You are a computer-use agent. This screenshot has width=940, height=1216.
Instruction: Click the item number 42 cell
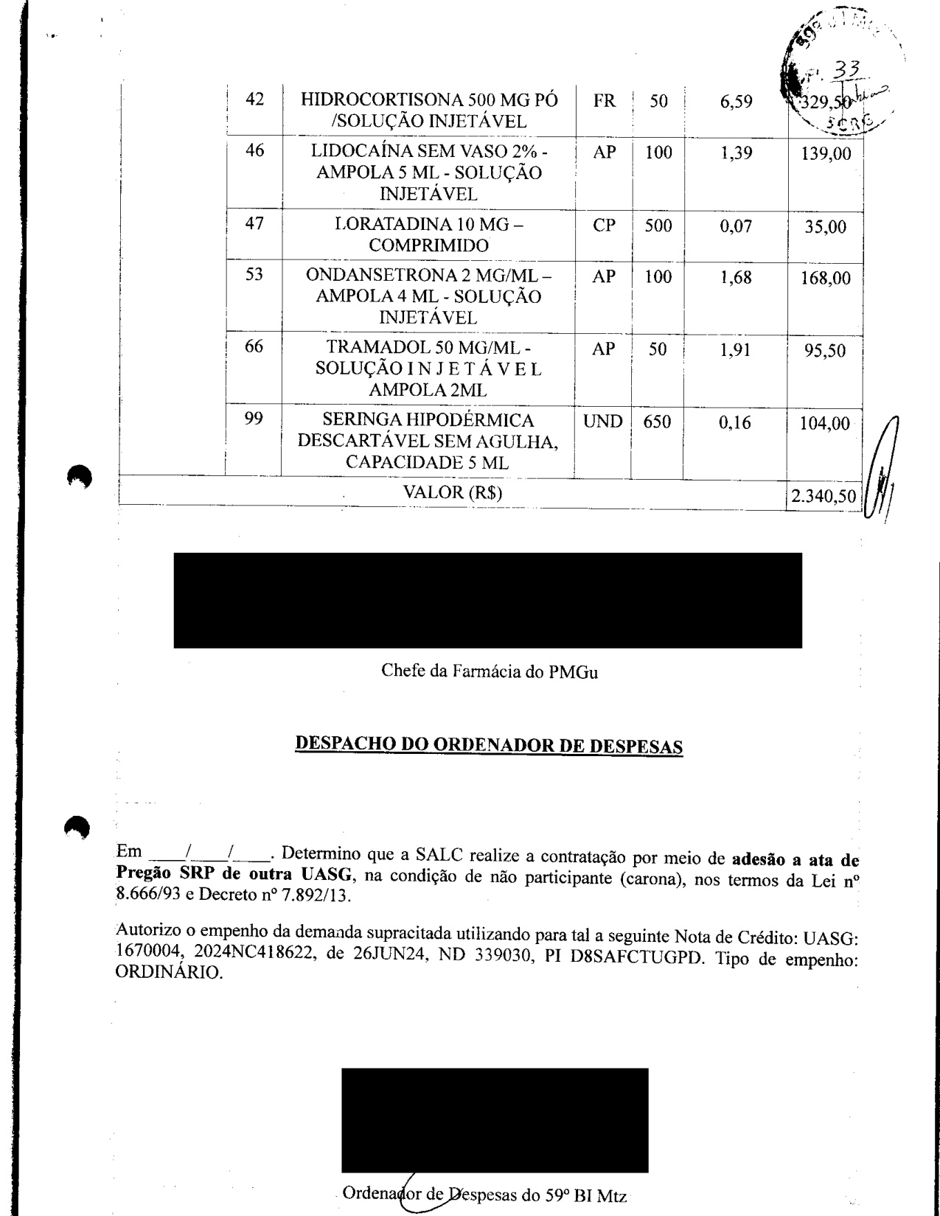[254, 99]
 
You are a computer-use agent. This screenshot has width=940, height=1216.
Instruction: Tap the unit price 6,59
[736, 102]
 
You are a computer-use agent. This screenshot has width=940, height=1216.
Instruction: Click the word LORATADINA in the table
[386, 224]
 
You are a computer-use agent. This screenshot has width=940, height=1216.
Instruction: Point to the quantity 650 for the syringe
[657, 423]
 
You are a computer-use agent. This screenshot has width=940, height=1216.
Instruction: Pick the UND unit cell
[603, 422]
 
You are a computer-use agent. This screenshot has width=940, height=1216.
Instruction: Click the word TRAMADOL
[372, 347]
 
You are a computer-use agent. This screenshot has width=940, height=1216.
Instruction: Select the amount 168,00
[825, 279]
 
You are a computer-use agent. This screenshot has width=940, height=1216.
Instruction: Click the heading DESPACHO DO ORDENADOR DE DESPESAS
[489, 744]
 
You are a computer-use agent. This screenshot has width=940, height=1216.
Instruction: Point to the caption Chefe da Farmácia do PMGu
[489, 671]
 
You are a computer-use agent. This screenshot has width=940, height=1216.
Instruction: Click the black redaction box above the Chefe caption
[487, 600]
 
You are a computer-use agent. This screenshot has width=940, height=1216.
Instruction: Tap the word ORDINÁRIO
[169, 973]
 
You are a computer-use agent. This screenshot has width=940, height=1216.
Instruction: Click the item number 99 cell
[254, 419]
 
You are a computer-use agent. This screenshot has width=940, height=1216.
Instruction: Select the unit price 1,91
[735, 349]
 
